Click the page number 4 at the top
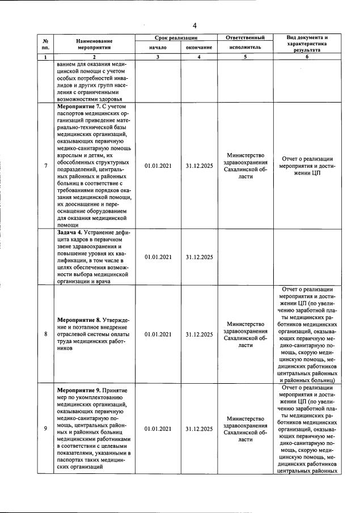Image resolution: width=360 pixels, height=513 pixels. (194, 26)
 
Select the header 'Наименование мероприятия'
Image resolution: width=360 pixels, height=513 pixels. (95, 44)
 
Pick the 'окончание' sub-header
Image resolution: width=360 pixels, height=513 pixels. (199, 48)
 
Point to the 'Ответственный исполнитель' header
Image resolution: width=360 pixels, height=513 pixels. (245, 43)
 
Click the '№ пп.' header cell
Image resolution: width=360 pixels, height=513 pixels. (45, 44)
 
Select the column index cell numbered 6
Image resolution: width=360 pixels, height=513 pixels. (307, 57)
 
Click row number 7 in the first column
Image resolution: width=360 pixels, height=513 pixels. (45, 166)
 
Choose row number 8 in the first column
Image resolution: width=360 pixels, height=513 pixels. (45, 334)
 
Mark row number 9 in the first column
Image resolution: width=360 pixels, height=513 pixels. (45, 429)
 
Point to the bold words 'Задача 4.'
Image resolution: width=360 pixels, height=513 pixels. (71, 232)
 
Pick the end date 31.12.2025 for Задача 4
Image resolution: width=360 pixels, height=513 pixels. (199, 257)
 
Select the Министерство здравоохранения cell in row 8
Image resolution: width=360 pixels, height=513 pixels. (245, 334)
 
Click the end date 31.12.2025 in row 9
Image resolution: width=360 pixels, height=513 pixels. (199, 429)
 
